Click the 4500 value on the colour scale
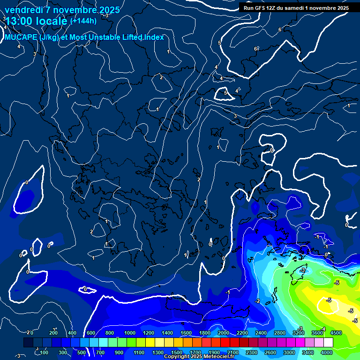tap(336, 333)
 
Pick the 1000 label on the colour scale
tap(129, 333)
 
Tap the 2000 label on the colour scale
tap(223, 333)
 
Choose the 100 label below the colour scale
tap(45, 352)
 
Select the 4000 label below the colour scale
tap(327, 352)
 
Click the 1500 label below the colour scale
tap(176, 352)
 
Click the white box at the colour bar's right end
tap(328, 343)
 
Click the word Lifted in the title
tap(129, 37)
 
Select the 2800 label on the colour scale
tap(279, 333)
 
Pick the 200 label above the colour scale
tap(53, 333)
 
